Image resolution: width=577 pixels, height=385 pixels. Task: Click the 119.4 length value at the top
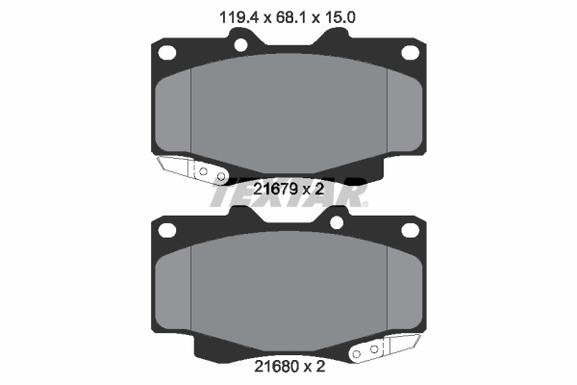(235, 15)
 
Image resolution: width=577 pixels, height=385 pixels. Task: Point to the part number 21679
(275, 189)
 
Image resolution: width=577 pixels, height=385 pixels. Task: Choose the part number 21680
(275, 366)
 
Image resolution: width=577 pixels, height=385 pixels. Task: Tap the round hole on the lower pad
(337, 223)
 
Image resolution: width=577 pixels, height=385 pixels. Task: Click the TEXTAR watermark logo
(288, 196)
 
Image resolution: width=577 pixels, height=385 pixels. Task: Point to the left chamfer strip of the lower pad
(174, 289)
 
